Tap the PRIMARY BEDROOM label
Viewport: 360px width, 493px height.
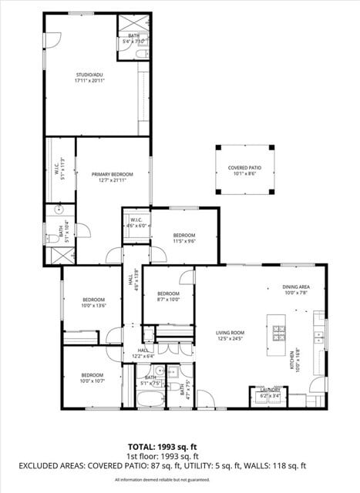113,177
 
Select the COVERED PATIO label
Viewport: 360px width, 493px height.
244,170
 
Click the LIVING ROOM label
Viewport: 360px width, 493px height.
230,336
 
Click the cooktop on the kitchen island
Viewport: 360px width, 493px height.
279,334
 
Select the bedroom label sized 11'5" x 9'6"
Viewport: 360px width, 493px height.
183,238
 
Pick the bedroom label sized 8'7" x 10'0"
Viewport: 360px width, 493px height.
168,297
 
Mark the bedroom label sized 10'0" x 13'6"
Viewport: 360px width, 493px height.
93,302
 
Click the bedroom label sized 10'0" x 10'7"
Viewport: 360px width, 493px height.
93,378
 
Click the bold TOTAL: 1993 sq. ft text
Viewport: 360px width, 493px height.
163,447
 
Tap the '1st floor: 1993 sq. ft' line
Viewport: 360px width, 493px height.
163,456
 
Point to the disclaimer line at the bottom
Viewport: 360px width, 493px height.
163,480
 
